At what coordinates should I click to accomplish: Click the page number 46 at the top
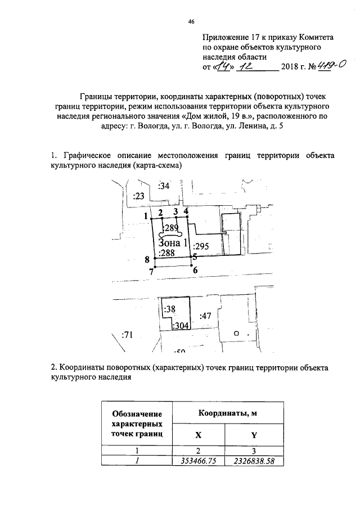[x=191, y=21]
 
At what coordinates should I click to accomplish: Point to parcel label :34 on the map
[x=164, y=186]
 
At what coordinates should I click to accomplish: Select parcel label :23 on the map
[x=139, y=196]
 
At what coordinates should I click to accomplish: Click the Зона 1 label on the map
[x=173, y=243]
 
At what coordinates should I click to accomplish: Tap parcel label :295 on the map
[x=201, y=246]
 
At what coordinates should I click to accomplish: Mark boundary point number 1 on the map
[x=145, y=216]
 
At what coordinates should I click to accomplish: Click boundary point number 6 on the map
[x=195, y=270]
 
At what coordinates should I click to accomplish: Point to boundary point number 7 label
[x=151, y=272]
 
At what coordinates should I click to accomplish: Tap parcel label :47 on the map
[x=205, y=316]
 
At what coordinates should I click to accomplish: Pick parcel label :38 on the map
[x=169, y=309]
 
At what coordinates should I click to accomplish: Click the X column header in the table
[x=197, y=434]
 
